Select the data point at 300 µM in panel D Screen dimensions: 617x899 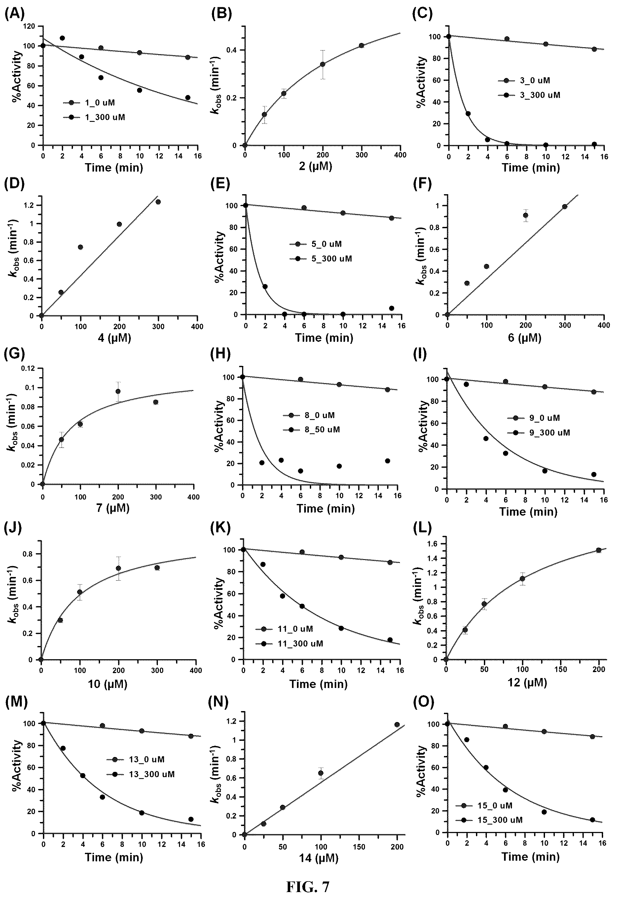pyautogui.click(x=158, y=201)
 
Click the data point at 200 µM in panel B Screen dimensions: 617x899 pyautogui.click(x=323, y=64)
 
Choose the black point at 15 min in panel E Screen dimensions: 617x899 pyautogui.click(x=391, y=308)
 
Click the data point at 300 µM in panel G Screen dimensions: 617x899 pyautogui.click(x=156, y=402)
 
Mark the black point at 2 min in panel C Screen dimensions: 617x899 pyautogui.click(x=468, y=113)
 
